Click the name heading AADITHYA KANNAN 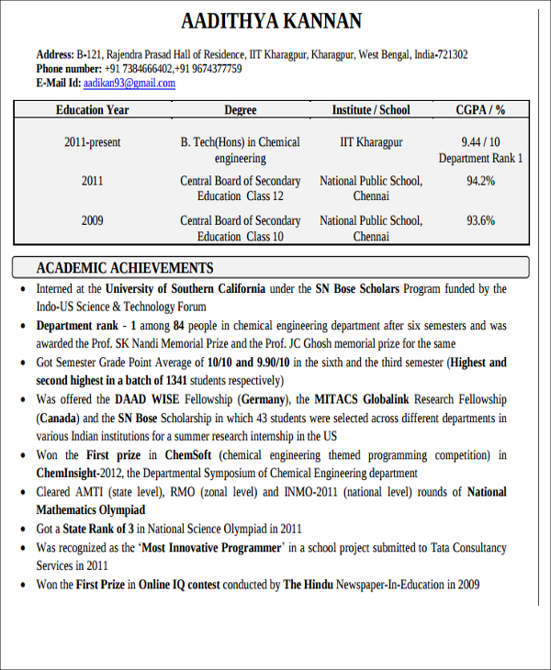pyautogui.click(x=271, y=21)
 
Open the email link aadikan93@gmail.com pyautogui.click(x=129, y=83)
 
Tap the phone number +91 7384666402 pyautogui.click(x=138, y=69)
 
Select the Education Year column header pyautogui.click(x=92, y=110)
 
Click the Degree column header pyautogui.click(x=240, y=110)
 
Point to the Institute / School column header pyautogui.click(x=371, y=110)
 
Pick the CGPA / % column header pyautogui.click(x=480, y=110)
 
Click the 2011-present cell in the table pyautogui.click(x=92, y=142)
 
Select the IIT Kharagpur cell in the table pyautogui.click(x=371, y=142)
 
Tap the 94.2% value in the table pyautogui.click(x=480, y=181)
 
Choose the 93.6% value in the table pyautogui.click(x=480, y=220)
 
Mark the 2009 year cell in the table pyautogui.click(x=92, y=220)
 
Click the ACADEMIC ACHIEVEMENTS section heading pyautogui.click(x=124, y=268)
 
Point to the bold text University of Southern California pyautogui.click(x=185, y=288)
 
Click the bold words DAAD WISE pyautogui.click(x=147, y=399)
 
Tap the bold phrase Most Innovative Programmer pyautogui.click(x=211, y=548)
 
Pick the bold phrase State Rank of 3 pyautogui.click(x=100, y=529)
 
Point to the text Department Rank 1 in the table pyautogui.click(x=480, y=158)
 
